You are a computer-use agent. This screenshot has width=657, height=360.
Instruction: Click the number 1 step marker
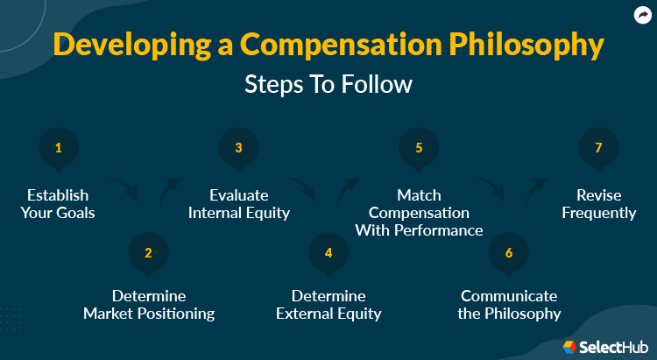click(x=59, y=148)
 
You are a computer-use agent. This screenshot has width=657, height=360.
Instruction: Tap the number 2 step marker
click(x=148, y=253)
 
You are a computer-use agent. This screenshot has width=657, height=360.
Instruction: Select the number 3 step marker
click(x=238, y=148)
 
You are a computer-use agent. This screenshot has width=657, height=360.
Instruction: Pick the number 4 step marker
click(x=328, y=253)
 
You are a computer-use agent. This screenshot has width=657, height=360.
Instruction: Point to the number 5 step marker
click(x=419, y=148)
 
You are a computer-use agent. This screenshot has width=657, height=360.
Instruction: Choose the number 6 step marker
click(x=509, y=253)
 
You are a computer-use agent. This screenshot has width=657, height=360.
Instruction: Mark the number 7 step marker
click(x=598, y=148)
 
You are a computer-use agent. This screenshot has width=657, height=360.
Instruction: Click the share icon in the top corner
click(x=640, y=15)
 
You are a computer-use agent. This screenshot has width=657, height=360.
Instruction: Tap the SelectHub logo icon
click(x=569, y=347)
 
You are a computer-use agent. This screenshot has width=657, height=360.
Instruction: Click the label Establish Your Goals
click(x=58, y=204)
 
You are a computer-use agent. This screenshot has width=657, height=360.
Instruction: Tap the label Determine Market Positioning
click(x=148, y=305)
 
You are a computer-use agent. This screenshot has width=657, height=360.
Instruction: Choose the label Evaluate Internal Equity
click(x=238, y=204)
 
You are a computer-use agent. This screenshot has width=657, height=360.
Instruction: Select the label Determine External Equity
click(x=328, y=305)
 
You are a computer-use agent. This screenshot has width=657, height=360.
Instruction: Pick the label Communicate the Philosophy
click(x=509, y=305)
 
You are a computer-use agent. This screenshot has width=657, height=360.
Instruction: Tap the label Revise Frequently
click(x=599, y=204)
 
